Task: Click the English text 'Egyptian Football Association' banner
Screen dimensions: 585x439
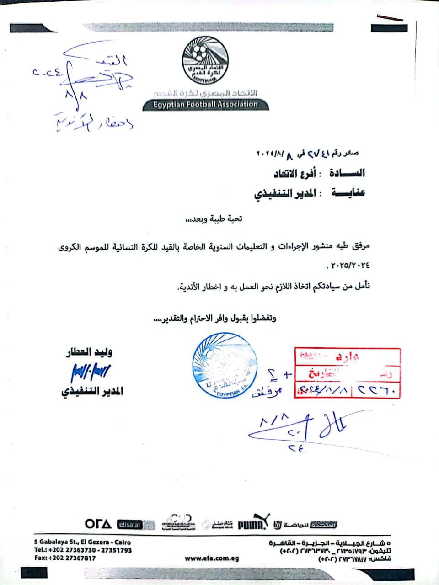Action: pyautogui.click(x=205, y=105)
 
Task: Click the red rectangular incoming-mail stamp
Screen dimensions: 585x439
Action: pyautogui.click(x=348, y=373)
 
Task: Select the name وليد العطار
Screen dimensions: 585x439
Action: pyautogui.click(x=89, y=352)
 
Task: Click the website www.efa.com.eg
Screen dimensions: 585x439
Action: pyautogui.click(x=212, y=558)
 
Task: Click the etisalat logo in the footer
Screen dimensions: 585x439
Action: pyautogui.click(x=130, y=525)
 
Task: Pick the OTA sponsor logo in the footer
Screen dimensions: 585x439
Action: pyautogui.click(x=98, y=524)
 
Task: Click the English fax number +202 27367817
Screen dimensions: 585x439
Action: pyautogui.click(x=65, y=558)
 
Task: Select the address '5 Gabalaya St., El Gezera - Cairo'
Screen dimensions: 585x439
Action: pyautogui.click(x=82, y=542)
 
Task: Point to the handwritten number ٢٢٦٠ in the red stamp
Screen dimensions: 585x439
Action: pyautogui.click(x=378, y=390)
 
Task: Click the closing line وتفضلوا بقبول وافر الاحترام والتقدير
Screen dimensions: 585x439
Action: pyautogui.click(x=214, y=318)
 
